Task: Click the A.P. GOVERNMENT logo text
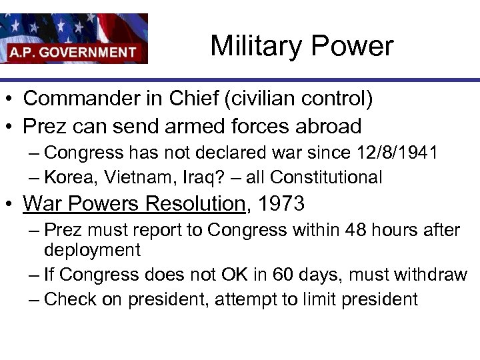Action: tap(73, 52)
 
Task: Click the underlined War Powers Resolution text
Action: tap(134, 203)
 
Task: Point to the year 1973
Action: tap(281, 203)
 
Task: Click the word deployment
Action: tap(92, 250)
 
